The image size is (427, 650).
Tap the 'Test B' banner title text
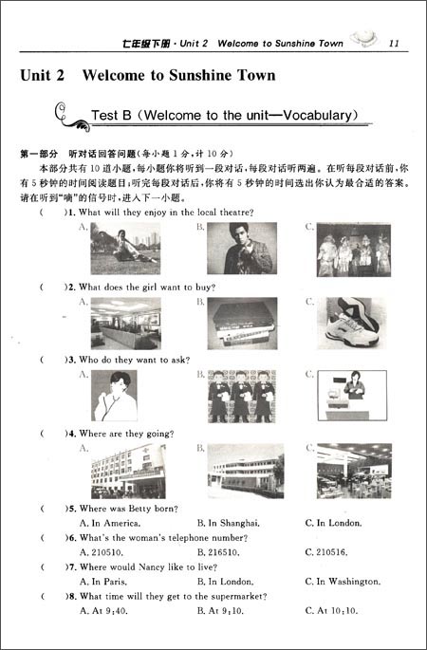point(224,116)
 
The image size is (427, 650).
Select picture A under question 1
point(125,249)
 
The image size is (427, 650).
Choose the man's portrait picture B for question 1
point(242,249)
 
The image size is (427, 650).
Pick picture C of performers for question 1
point(354,250)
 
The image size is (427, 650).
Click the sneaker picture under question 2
point(354,322)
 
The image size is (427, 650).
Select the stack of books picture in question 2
point(242,322)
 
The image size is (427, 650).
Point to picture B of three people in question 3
point(242,396)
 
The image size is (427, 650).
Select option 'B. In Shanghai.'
point(228,523)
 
